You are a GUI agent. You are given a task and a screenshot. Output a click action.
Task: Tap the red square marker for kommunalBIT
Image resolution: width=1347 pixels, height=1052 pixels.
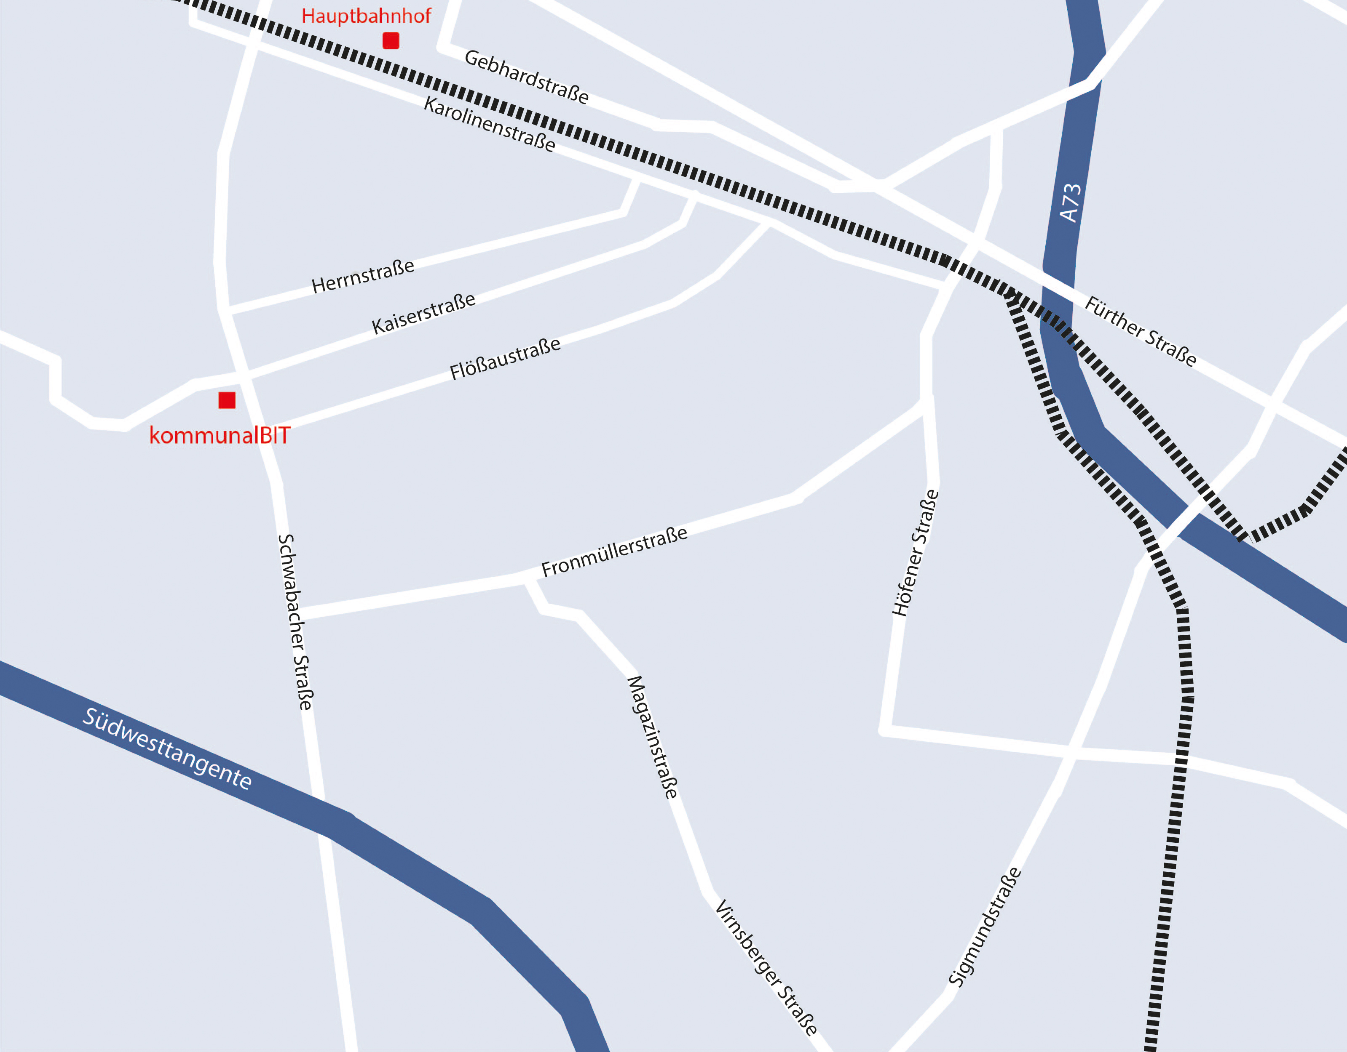click(x=227, y=401)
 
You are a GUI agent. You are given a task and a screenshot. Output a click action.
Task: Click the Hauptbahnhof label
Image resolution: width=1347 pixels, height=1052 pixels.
click(x=367, y=16)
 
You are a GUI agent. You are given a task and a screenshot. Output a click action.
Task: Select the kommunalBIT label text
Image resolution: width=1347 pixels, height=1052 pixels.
click(x=220, y=436)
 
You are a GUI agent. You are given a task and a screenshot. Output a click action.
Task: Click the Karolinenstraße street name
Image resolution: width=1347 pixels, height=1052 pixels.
click(x=490, y=124)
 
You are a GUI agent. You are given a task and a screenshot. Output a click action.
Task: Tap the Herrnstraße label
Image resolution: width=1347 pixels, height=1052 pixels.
click(x=363, y=276)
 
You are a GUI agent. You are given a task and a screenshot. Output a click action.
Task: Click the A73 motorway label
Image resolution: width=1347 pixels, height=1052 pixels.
click(x=1070, y=202)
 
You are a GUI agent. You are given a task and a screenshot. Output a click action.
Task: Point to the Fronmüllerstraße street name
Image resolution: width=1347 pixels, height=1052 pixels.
click(x=614, y=551)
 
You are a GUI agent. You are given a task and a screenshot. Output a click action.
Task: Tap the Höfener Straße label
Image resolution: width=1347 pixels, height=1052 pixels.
click(x=915, y=553)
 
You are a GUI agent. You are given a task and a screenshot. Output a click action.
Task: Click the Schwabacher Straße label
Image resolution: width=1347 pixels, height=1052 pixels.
click(x=295, y=622)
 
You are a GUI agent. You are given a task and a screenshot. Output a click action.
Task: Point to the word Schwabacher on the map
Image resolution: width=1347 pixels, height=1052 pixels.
click(x=290, y=591)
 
